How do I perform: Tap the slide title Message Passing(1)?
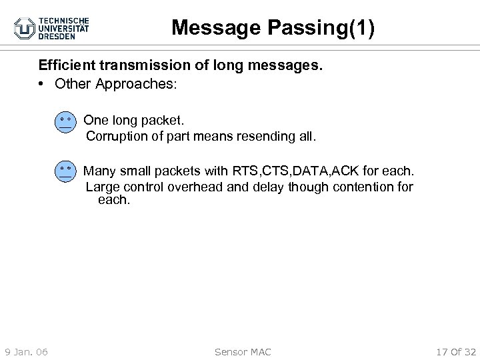tap(273, 27)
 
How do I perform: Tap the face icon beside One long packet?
tap(65, 123)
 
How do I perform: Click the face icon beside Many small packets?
tap(65, 171)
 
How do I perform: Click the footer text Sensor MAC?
tap(243, 351)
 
